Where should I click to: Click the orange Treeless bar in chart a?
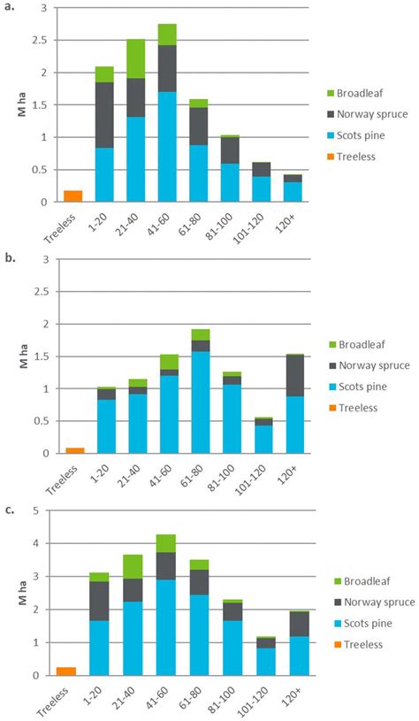coord(74,196)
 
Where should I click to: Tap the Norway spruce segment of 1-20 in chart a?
coord(104,115)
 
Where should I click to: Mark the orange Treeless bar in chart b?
coord(74,450)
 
